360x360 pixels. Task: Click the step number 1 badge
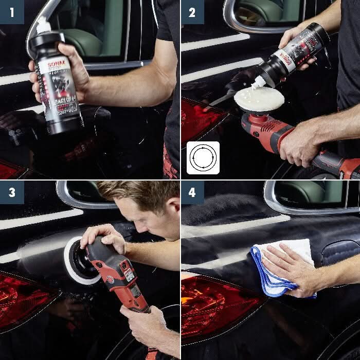tap(12, 12)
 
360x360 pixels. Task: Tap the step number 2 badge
tap(192, 12)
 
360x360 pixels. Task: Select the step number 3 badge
tap(12, 192)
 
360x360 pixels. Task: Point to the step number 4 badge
tap(192, 192)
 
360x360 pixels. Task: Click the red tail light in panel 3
tap(23, 298)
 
